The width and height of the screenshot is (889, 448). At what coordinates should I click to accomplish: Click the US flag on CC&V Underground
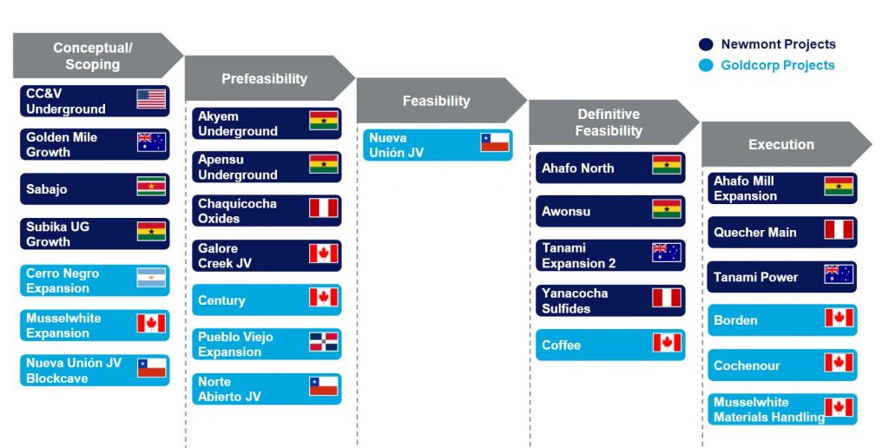coord(151,99)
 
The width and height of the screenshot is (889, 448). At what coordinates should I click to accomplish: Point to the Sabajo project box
coord(95,189)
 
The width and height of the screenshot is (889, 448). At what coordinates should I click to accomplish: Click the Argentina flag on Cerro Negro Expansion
coord(151,278)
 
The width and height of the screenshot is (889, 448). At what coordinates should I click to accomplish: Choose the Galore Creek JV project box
coord(267,255)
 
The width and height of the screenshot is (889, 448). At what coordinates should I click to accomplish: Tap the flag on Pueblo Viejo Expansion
coord(324,342)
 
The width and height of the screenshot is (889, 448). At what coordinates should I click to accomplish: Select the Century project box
coord(267,300)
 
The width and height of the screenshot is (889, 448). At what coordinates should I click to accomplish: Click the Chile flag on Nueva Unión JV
coord(495,142)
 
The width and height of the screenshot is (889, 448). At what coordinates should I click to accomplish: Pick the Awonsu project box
coord(610,211)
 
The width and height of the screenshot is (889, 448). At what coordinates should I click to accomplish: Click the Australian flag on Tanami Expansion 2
coord(667,253)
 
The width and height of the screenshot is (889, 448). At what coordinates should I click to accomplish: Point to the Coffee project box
coord(610,345)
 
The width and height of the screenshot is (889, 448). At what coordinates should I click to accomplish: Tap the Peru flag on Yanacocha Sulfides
coord(667,297)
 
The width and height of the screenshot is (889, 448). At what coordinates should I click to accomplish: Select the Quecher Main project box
coord(782,232)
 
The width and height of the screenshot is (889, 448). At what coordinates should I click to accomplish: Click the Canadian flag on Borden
coord(840,318)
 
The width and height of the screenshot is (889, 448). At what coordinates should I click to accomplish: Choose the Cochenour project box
coord(782,366)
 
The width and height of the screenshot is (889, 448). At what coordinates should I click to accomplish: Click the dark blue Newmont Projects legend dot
coord(706,44)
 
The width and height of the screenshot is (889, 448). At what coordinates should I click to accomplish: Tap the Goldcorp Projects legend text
coord(778,65)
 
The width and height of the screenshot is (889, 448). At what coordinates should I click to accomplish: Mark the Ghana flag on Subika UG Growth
coord(151,231)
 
